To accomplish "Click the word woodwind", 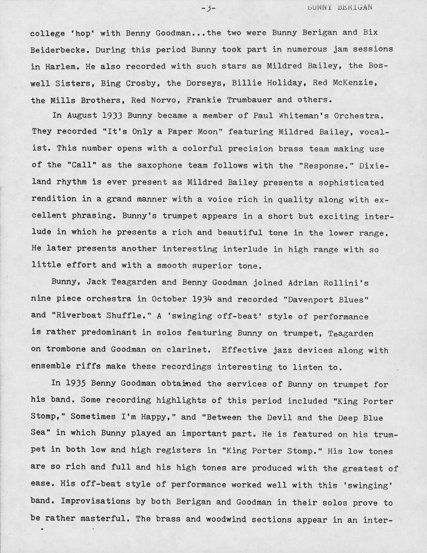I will point(229,519).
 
